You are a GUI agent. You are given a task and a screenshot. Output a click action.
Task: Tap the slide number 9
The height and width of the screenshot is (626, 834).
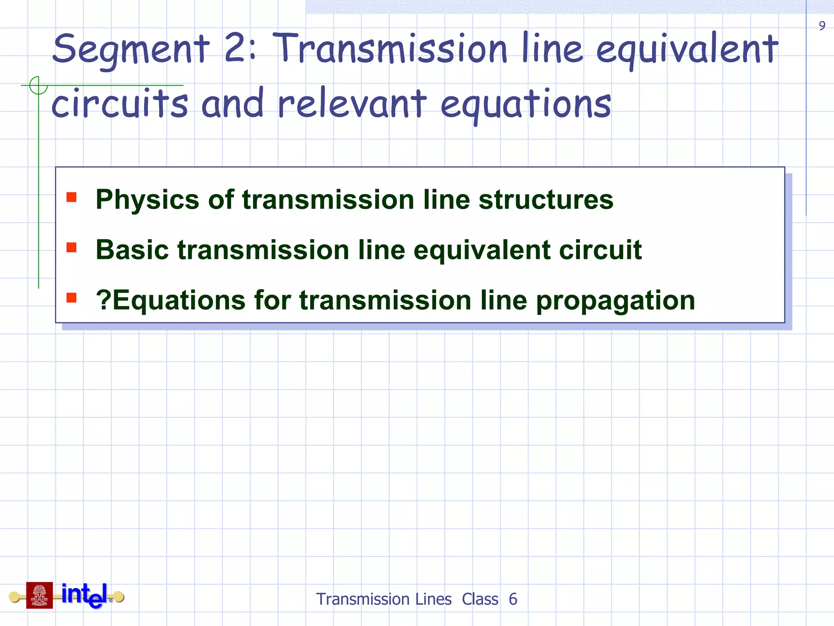click(822, 26)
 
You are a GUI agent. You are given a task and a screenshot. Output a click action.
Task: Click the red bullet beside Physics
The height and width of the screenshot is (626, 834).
click(72, 197)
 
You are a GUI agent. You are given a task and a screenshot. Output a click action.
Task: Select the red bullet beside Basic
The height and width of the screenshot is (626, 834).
click(72, 247)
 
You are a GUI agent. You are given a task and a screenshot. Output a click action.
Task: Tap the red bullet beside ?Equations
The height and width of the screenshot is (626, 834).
click(72, 298)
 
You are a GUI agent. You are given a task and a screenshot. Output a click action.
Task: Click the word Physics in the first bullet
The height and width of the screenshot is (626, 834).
click(147, 200)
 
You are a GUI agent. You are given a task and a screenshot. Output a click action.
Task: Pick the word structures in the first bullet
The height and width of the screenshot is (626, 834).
click(546, 199)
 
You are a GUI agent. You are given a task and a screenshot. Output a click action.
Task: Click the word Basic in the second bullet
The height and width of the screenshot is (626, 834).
click(132, 249)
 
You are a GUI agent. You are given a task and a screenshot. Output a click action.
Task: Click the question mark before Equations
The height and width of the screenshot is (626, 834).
click(103, 300)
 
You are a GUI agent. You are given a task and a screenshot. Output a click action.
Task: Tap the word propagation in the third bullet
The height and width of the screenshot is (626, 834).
click(615, 301)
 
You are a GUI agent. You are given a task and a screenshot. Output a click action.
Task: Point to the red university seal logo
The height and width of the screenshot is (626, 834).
click(40, 595)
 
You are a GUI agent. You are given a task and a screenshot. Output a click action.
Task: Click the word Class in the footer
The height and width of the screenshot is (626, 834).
click(480, 600)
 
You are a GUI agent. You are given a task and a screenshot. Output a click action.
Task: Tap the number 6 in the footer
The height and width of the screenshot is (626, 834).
click(513, 600)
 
